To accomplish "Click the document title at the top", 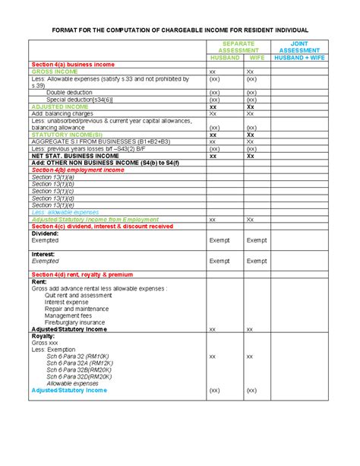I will pyautogui.click(x=180, y=30).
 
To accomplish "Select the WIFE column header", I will pyautogui.click(x=257, y=57).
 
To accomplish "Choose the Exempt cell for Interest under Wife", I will pyautogui.click(x=257, y=260).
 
